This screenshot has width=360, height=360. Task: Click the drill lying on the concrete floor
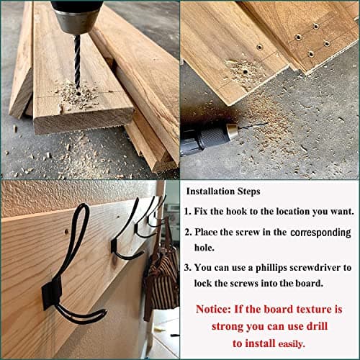(207, 138)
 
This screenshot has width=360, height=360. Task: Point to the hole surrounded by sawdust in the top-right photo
(245, 71)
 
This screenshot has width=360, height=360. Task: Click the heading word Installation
(210, 192)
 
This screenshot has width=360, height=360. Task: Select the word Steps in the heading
(248, 192)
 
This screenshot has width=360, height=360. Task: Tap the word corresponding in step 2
(320, 233)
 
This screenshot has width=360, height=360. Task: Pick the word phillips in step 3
(271, 268)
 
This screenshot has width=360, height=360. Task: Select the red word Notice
(213, 309)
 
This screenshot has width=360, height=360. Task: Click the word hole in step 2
(204, 248)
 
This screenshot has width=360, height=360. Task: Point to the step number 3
(187, 268)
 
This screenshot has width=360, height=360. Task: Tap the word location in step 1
(293, 212)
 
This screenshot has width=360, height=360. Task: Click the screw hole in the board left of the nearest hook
(66, 232)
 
